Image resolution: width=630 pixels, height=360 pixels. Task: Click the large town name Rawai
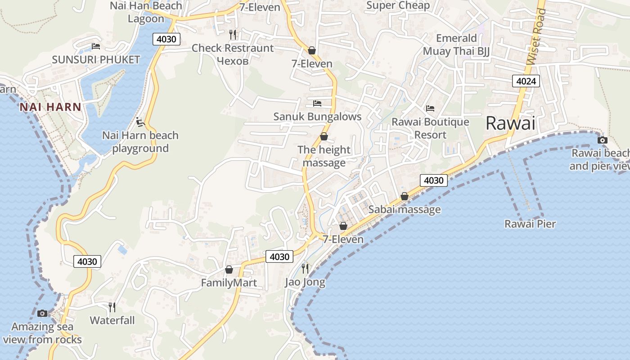tap(511, 123)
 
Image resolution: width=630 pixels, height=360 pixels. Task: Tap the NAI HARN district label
tap(50, 107)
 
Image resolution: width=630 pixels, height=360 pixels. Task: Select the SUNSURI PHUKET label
tap(96, 59)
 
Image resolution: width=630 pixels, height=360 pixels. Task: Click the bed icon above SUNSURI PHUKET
tap(95, 46)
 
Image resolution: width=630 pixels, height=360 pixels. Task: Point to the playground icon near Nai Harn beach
tap(140, 121)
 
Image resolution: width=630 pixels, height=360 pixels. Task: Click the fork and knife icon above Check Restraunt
tap(233, 34)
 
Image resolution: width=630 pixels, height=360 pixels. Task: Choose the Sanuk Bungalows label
tap(317, 117)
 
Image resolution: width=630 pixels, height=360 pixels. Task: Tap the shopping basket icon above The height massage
tap(324, 136)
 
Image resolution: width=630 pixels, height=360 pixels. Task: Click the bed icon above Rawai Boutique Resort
tap(430, 108)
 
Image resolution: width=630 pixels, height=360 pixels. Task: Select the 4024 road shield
tap(526, 81)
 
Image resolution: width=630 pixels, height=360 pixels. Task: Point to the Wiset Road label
tap(535, 36)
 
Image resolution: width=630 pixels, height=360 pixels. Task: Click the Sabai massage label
tap(405, 209)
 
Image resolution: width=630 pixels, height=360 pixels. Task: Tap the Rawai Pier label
tap(530, 224)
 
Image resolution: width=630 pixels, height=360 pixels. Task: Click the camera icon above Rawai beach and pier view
tap(602, 140)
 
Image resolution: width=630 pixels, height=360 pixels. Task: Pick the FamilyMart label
tap(229, 283)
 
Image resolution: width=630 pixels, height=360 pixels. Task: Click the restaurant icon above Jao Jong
tap(305, 269)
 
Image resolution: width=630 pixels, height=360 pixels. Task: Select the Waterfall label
tap(112, 320)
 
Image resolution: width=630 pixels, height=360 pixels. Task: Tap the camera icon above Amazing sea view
tap(42, 313)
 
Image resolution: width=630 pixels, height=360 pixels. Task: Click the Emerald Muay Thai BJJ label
tap(456, 45)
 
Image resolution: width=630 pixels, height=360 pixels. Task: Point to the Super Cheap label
tap(398, 5)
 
